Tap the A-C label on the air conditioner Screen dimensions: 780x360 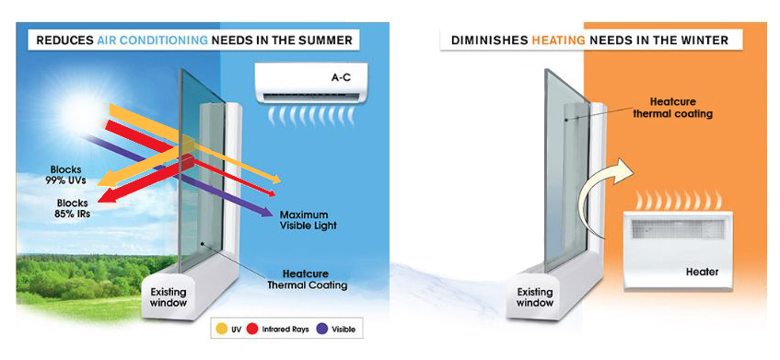tap(343, 77)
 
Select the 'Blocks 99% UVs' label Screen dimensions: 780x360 tap(67, 176)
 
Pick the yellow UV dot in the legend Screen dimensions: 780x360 tap(221, 329)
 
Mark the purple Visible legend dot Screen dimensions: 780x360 tap(322, 329)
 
